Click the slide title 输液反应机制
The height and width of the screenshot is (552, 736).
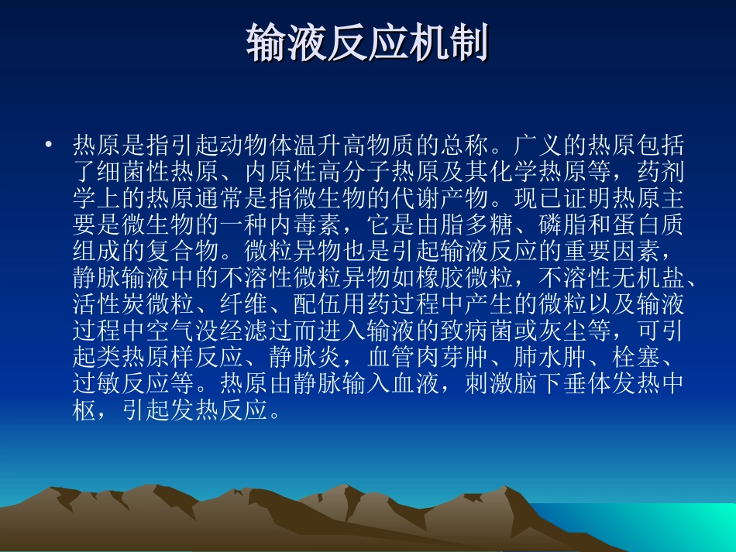coord(367,43)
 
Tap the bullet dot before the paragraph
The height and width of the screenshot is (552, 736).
coord(50,145)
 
